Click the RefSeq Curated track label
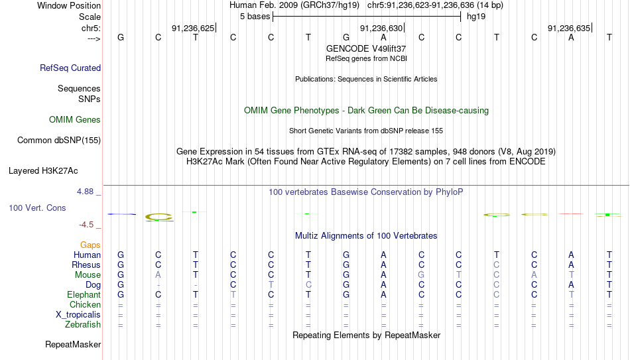coord(70,68)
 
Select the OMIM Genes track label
coord(75,120)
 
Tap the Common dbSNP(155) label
coord(59,141)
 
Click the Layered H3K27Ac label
coord(43,171)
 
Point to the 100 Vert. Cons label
coord(37,208)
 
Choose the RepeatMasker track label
coord(73,344)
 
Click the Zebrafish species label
coord(83,324)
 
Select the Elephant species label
coord(84,294)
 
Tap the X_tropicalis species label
coord(78,315)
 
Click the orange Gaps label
coord(90,245)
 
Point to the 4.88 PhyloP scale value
coord(85,192)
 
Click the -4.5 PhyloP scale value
coord(86,225)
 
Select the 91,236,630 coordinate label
coord(381,28)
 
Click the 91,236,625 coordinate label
coord(193,28)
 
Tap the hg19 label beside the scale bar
coord(476,17)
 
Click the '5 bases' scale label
coord(255,17)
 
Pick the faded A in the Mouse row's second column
coord(158,275)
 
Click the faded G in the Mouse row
coord(421,275)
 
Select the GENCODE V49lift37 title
coord(366,48)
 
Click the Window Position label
coord(69,5)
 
